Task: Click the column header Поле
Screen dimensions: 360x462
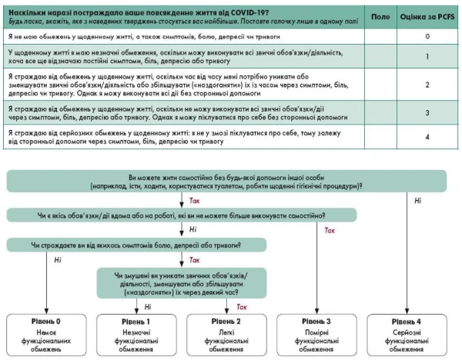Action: click(x=380, y=15)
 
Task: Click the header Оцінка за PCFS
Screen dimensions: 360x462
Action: click(x=427, y=15)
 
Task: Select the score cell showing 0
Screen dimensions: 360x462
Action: click(x=427, y=36)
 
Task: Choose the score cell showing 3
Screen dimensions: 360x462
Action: click(x=427, y=113)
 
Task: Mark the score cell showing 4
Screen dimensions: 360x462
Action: click(x=427, y=137)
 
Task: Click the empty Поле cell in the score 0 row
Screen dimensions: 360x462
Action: click(x=380, y=36)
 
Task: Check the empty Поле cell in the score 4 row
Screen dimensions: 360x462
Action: click(x=380, y=137)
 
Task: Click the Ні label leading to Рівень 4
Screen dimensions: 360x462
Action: click(x=417, y=201)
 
